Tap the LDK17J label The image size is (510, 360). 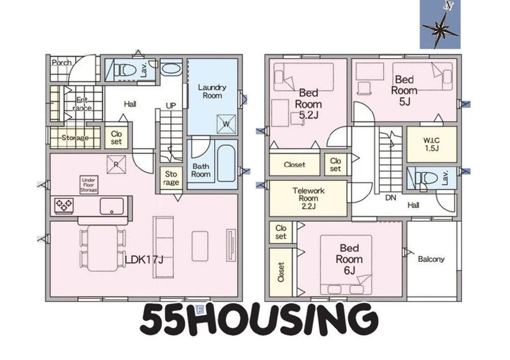coord(144,260)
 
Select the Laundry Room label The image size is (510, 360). coord(212,91)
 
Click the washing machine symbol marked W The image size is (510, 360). coord(226,124)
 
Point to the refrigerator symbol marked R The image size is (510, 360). coord(116,165)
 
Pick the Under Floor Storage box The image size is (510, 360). coord(89,185)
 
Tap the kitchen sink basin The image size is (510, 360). coord(112,206)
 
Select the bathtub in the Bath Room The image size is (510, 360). coord(226,163)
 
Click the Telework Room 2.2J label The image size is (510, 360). coord(308,198)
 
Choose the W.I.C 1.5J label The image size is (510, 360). coord(431,144)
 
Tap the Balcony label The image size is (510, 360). coord(431,259)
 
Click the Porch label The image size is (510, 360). coord(62,62)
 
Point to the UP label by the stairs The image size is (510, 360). coord(171,106)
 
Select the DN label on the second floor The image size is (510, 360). coord(391,197)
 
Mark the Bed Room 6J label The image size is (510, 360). coord(349,259)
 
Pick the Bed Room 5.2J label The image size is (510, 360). coord(309,104)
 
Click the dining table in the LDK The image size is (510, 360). coord(103,248)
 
